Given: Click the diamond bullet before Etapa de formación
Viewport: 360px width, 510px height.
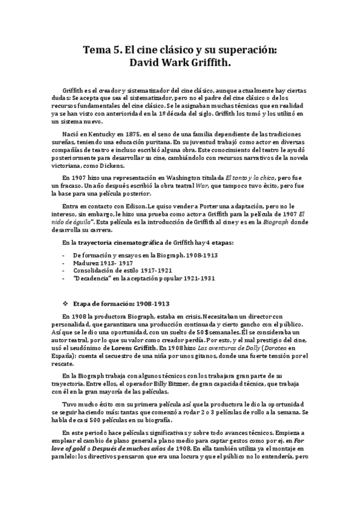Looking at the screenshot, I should click(x=66, y=304).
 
